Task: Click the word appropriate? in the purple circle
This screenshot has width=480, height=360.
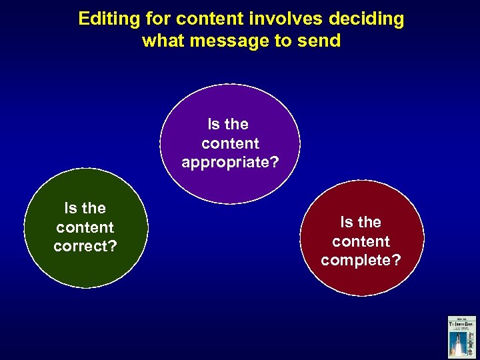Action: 231,162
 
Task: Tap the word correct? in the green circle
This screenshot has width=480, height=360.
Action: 85,246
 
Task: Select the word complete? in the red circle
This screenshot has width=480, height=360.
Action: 361,260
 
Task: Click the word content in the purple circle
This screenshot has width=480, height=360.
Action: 231,143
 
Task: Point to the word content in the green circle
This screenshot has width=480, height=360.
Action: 85,227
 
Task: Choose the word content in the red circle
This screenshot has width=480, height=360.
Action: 361,241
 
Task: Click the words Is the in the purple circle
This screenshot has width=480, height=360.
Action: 228,124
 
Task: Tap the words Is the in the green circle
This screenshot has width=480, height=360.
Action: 85,208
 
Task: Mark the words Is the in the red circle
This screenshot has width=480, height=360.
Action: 361,222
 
